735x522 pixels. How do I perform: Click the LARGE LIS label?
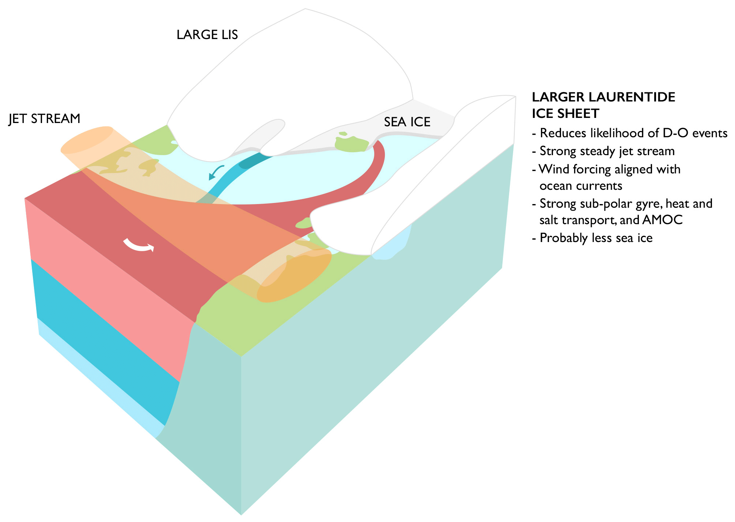207,35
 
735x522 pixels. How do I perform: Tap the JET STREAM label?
44,119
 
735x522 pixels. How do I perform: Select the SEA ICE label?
407,122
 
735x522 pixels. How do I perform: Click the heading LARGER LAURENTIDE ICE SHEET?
603,105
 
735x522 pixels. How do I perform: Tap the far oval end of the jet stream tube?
87,139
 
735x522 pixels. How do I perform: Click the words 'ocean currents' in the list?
581,186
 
